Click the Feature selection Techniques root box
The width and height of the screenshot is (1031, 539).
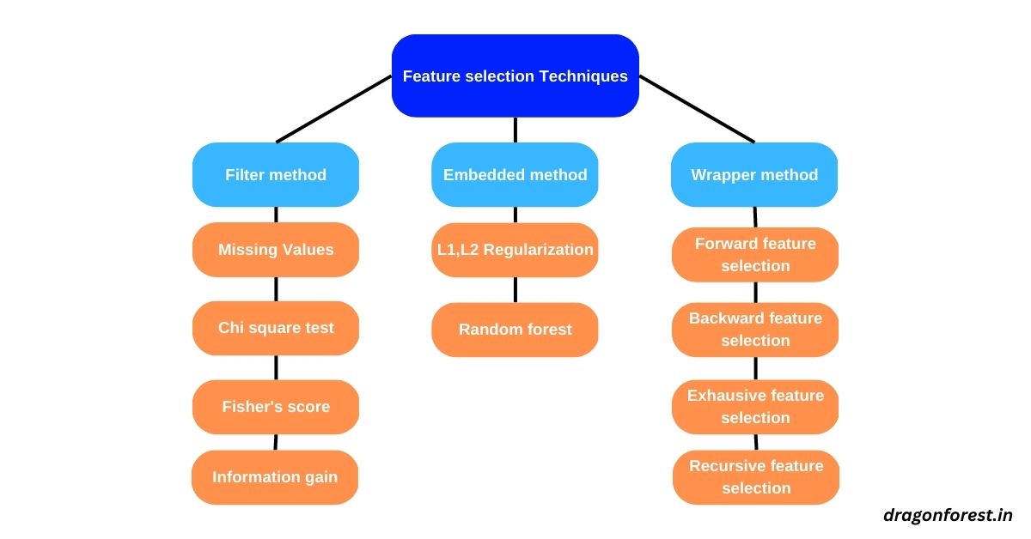pyautogui.click(x=515, y=76)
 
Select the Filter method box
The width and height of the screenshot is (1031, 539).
pyautogui.click(x=276, y=174)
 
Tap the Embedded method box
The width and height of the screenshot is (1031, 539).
pyautogui.click(x=515, y=174)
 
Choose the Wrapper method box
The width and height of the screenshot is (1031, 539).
pyautogui.click(x=754, y=174)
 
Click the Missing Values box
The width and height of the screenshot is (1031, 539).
pyautogui.click(x=276, y=250)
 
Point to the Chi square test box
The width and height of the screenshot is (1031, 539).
pyautogui.click(x=276, y=328)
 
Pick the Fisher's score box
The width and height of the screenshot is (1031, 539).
pyautogui.click(x=276, y=407)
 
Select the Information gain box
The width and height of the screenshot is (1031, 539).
pyautogui.click(x=275, y=477)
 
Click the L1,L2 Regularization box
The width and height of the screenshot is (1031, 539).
pyautogui.click(x=515, y=250)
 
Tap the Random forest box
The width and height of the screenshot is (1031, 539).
pyautogui.click(x=515, y=330)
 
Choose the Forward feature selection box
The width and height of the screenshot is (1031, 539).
pyautogui.click(x=755, y=254)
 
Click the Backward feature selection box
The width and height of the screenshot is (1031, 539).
pyautogui.click(x=755, y=330)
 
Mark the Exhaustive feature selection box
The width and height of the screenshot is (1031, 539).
pyautogui.click(x=755, y=407)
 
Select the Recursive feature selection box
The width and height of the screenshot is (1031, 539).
pyautogui.click(x=756, y=477)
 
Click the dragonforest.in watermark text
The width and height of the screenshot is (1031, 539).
pyautogui.click(x=948, y=515)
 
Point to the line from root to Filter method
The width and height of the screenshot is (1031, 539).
pyautogui.click(x=333, y=108)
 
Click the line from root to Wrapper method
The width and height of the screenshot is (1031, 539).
pyautogui.click(x=697, y=108)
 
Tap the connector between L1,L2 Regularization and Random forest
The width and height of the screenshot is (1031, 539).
pyautogui.click(x=515, y=289)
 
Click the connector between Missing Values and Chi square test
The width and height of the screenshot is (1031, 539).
pyautogui.click(x=276, y=288)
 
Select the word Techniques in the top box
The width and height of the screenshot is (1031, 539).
pyautogui.click(x=583, y=76)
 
